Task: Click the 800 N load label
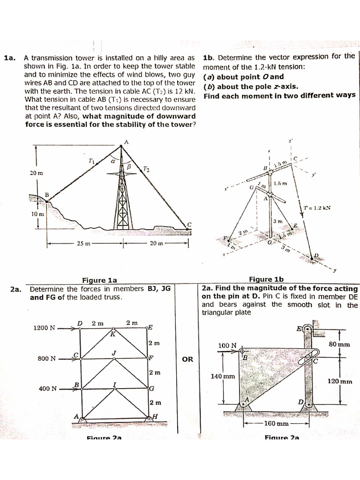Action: click(x=46, y=359)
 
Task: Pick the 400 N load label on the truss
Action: click(x=48, y=389)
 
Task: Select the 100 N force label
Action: click(x=227, y=345)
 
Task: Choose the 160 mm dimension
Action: click(x=276, y=424)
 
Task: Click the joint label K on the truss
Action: click(x=112, y=334)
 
